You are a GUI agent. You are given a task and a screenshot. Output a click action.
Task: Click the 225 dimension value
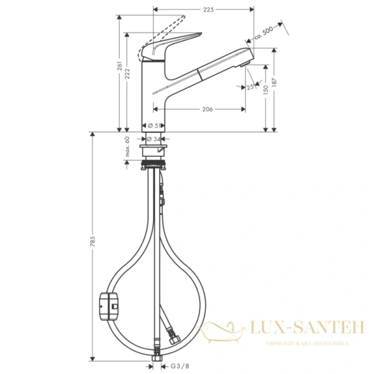click(x=208, y=9)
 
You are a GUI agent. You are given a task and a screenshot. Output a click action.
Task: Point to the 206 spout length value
click(x=208, y=109)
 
